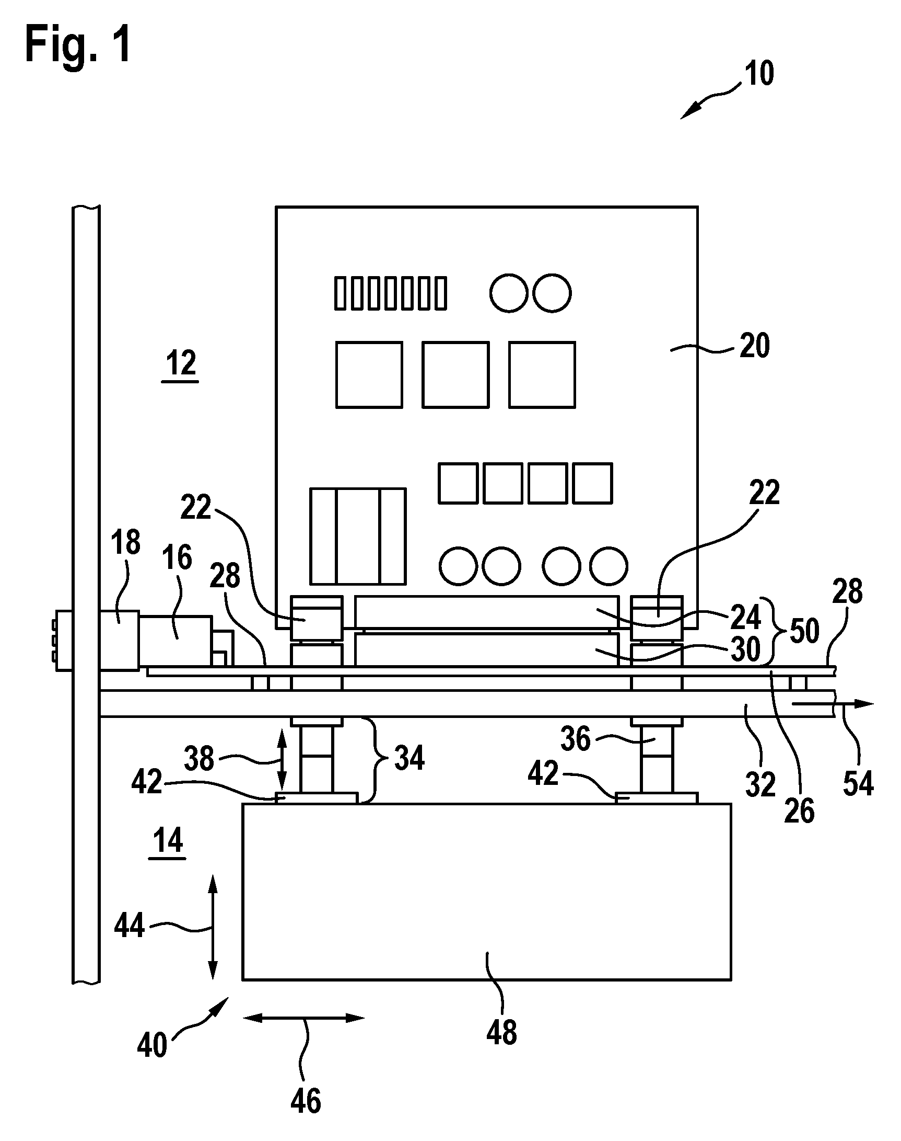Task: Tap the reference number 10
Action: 759,73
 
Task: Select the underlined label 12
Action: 180,364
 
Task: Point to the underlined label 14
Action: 168,840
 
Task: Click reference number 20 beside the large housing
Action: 754,346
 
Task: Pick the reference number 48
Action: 501,1032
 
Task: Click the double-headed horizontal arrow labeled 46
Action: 303,1018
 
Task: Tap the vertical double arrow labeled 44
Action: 213,927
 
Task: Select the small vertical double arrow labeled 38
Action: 282,759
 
